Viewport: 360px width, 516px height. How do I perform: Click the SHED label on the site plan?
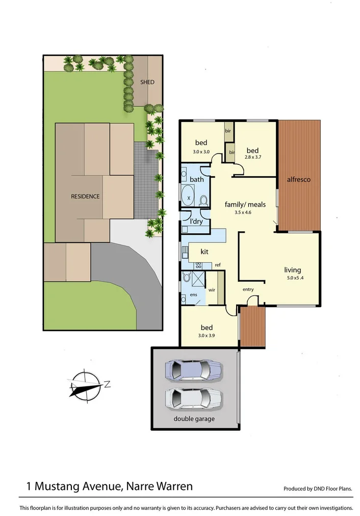[x=147, y=82]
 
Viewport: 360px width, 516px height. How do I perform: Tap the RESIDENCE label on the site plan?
[x=85, y=196]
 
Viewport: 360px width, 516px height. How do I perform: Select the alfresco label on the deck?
[x=298, y=180]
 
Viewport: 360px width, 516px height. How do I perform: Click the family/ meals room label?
[x=245, y=205]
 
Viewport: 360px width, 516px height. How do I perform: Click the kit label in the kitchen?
[x=204, y=252]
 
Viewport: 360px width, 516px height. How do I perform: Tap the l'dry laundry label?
[x=197, y=222]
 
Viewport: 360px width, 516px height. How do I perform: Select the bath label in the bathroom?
[x=197, y=180]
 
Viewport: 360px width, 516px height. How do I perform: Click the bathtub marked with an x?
[x=189, y=198]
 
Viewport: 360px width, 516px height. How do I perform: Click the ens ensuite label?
[x=194, y=295]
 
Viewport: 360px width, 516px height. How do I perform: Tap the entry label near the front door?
[x=248, y=290]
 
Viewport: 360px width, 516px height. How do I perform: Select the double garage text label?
[x=194, y=419]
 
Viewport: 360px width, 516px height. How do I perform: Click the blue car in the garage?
[x=193, y=370]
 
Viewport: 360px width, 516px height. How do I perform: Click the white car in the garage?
[x=193, y=397]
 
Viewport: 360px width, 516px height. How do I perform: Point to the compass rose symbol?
[x=86, y=385]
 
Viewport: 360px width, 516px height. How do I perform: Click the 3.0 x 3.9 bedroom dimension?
[x=206, y=335]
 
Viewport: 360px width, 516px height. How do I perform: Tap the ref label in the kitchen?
[x=217, y=264]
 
